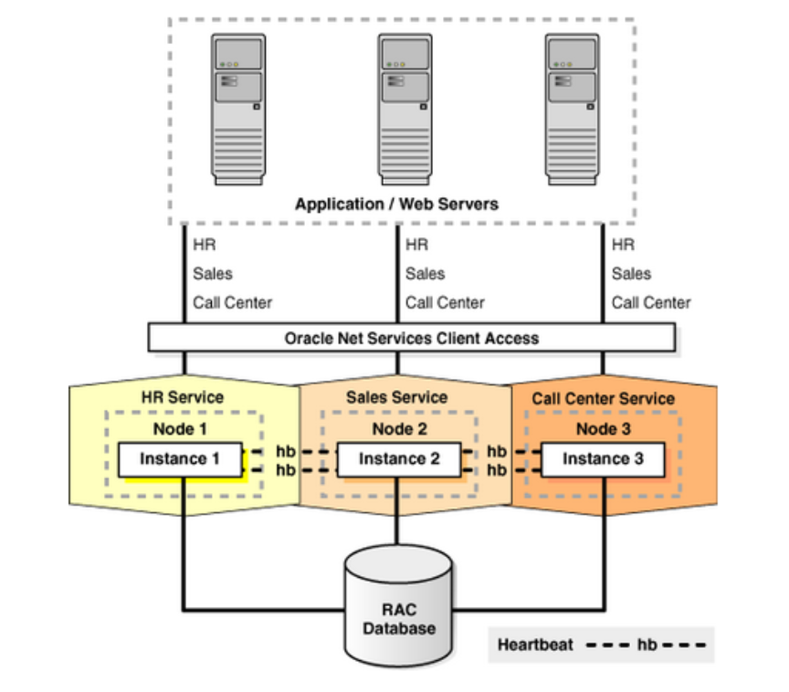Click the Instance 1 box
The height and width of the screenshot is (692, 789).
pyautogui.click(x=180, y=459)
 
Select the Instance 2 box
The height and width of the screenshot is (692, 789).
pyautogui.click(x=399, y=459)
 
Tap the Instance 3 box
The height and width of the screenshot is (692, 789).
pyautogui.click(x=602, y=459)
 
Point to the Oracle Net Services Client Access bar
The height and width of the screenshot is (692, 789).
pyautogui.click(x=411, y=338)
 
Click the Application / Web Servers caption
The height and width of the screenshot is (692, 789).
pyautogui.click(x=397, y=204)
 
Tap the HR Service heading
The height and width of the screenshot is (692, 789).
pyautogui.click(x=183, y=397)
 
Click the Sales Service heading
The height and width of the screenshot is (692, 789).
pyautogui.click(x=397, y=397)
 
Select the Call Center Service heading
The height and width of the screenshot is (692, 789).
pyautogui.click(x=603, y=398)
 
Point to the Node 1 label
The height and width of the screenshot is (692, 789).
pyautogui.click(x=183, y=429)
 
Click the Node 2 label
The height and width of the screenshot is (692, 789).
pyautogui.click(x=399, y=429)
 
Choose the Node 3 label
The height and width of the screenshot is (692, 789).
pyautogui.click(x=603, y=429)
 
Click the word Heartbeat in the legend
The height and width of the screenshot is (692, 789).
pyautogui.click(x=535, y=645)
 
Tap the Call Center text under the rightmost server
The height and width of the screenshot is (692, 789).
pyautogui.click(x=651, y=302)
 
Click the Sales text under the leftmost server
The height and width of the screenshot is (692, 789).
pyautogui.click(x=212, y=273)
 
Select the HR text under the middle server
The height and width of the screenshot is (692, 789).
pyautogui.click(x=416, y=245)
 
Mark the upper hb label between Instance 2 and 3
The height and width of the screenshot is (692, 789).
pyautogui.click(x=497, y=451)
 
